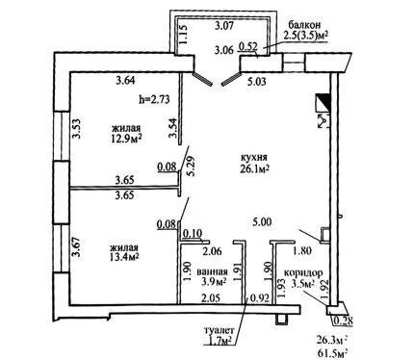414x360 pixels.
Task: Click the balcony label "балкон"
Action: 304,25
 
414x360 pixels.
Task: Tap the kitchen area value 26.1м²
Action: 254,168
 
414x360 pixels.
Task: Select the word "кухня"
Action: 254,158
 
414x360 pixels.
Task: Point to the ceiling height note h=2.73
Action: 154,99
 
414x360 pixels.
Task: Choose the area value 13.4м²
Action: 124,256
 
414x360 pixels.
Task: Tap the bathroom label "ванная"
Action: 212,271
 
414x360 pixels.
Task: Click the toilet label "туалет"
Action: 220,330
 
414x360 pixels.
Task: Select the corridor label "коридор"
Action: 303,273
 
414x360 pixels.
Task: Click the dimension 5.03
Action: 256,82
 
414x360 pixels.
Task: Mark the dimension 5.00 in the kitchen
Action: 262,221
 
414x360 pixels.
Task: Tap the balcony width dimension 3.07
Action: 223,25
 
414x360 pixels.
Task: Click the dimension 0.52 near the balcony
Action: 248,47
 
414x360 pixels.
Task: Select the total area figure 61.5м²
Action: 333,353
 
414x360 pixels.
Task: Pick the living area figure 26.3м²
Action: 333,340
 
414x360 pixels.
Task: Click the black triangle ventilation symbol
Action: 324,100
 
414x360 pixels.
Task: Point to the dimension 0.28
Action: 344,321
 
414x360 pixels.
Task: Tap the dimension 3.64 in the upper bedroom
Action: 126,80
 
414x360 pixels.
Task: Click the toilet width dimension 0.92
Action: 260,297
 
